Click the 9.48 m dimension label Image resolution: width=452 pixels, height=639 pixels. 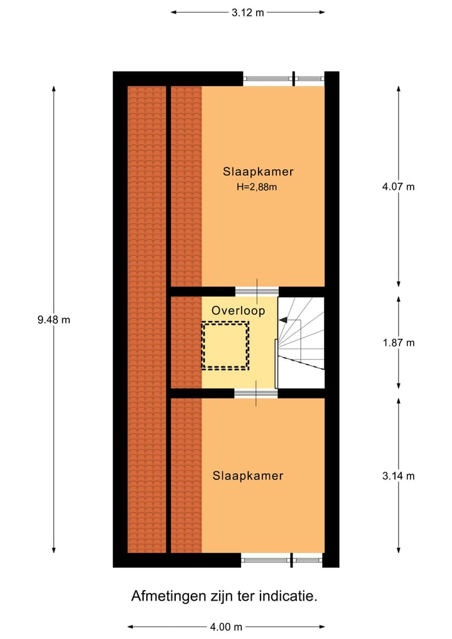click(x=53, y=320)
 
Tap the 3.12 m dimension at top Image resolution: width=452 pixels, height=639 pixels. click(x=247, y=12)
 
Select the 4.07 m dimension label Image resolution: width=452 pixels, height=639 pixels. click(x=399, y=187)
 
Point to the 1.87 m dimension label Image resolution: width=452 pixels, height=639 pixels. click(x=399, y=343)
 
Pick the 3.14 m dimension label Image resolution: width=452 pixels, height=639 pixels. click(x=399, y=476)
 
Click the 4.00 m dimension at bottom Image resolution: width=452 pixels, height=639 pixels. click(x=226, y=626)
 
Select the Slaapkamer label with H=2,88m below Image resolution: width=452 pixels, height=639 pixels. click(x=258, y=172)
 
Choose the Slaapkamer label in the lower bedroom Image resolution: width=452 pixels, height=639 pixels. click(x=247, y=476)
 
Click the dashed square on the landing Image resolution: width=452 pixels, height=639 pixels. click(x=225, y=345)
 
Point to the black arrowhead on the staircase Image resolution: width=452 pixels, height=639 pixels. click(x=284, y=320)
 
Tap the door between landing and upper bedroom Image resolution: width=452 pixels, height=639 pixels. click(x=256, y=291)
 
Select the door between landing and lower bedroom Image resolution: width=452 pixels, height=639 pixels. click(x=256, y=394)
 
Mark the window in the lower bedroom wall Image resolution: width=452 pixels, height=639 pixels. click(x=282, y=560)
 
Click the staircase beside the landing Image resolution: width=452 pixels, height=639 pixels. click(x=301, y=342)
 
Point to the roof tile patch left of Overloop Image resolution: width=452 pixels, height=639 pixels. click(x=186, y=342)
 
